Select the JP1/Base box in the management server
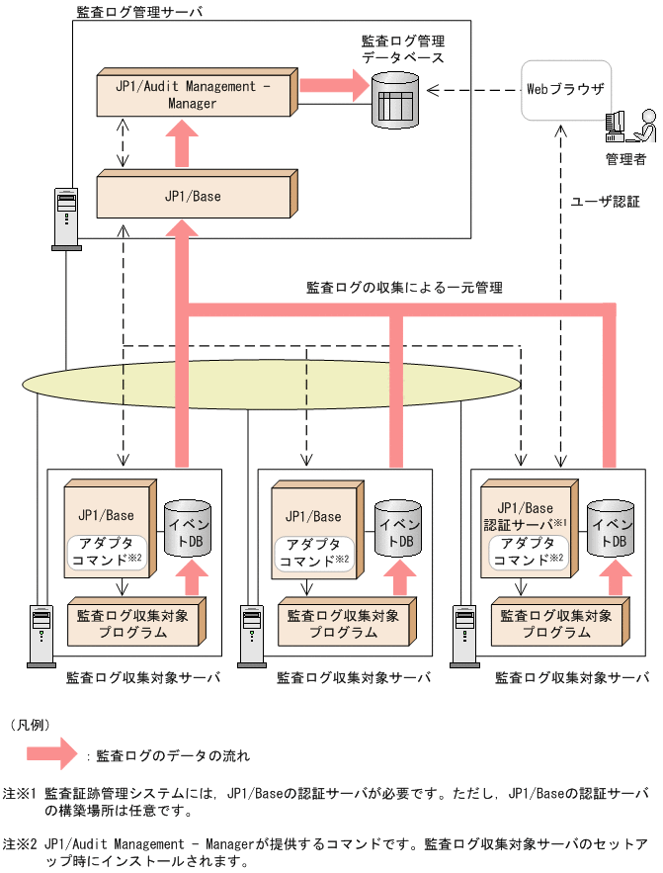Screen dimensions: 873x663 [x=193, y=196]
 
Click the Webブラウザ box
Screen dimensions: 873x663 [x=564, y=89]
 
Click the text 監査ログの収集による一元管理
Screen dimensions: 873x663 [x=405, y=288]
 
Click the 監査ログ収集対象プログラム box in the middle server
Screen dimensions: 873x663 [x=344, y=623]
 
